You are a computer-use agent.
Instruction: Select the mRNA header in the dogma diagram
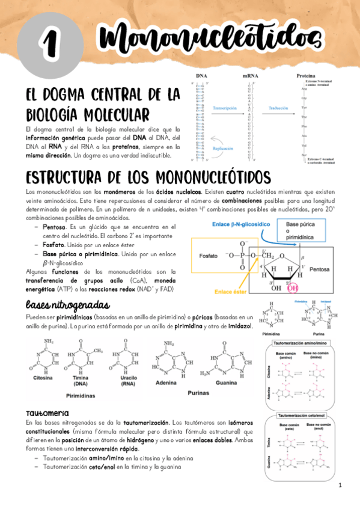[x=251, y=76]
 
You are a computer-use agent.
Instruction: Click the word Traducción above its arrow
[x=275, y=106]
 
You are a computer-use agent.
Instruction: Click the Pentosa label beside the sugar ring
[x=322, y=271]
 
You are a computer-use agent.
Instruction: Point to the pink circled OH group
[x=293, y=287]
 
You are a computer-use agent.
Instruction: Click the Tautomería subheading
[x=47, y=414]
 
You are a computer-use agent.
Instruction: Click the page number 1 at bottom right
[x=340, y=485]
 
